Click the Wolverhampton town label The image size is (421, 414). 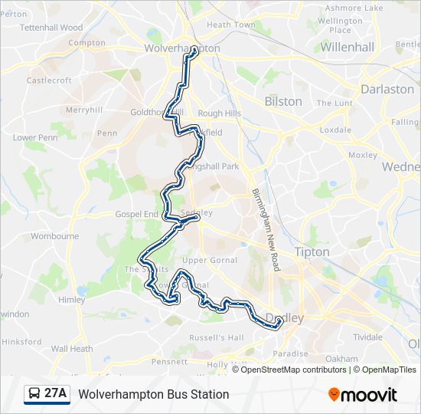[x=181, y=48]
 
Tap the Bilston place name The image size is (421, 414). [x=282, y=101]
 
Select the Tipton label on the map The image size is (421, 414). [x=312, y=251]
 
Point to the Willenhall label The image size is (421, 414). [x=347, y=47]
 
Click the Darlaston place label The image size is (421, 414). [x=387, y=89]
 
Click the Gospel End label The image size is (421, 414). [x=136, y=215]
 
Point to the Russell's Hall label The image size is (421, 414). [x=216, y=337]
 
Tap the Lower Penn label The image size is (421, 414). [x=35, y=138]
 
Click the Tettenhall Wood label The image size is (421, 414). [x=51, y=28]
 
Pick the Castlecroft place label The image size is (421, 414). [x=48, y=80]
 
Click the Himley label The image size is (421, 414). [x=71, y=300]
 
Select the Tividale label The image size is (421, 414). [x=367, y=337]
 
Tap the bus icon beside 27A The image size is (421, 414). [x=34, y=394]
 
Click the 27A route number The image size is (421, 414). [x=55, y=394]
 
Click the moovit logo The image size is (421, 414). [x=363, y=395]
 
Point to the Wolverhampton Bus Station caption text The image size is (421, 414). [x=153, y=394]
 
